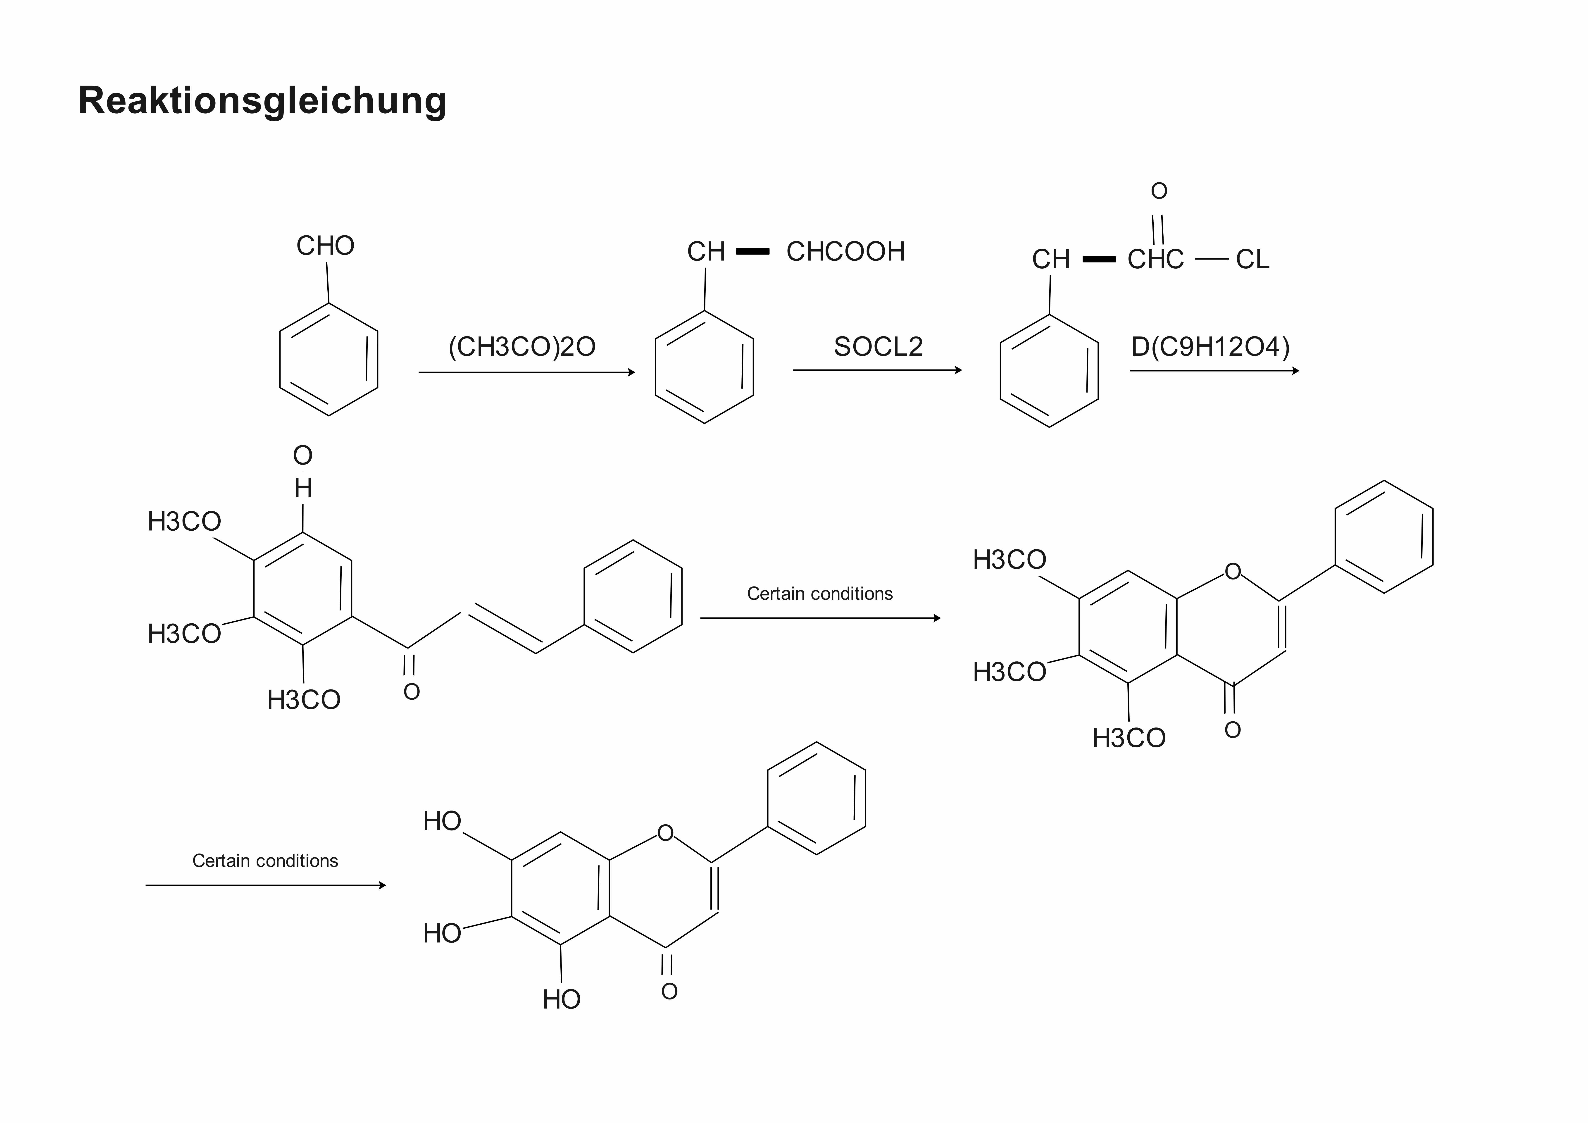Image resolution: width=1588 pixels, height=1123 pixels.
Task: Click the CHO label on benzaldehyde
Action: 325,246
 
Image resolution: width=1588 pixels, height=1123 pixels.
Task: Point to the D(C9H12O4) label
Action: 1210,347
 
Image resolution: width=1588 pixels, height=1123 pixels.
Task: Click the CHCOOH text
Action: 845,252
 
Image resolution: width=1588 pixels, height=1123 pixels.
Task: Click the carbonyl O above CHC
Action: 1159,191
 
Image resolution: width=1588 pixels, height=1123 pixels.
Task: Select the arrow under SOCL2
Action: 877,370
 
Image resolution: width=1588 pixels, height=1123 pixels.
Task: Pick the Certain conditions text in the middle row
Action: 820,594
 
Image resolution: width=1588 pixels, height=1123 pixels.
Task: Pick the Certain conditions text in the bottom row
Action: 265,861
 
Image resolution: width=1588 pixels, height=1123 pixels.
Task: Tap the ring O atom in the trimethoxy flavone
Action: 1233,572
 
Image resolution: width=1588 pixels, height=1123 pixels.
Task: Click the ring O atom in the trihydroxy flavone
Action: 665,833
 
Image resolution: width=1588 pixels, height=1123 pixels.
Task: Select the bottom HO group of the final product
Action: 561,999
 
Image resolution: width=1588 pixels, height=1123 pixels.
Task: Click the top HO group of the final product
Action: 442,821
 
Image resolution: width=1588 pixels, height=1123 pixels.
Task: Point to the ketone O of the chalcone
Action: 412,692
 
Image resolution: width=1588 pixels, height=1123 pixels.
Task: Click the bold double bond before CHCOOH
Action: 752,252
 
